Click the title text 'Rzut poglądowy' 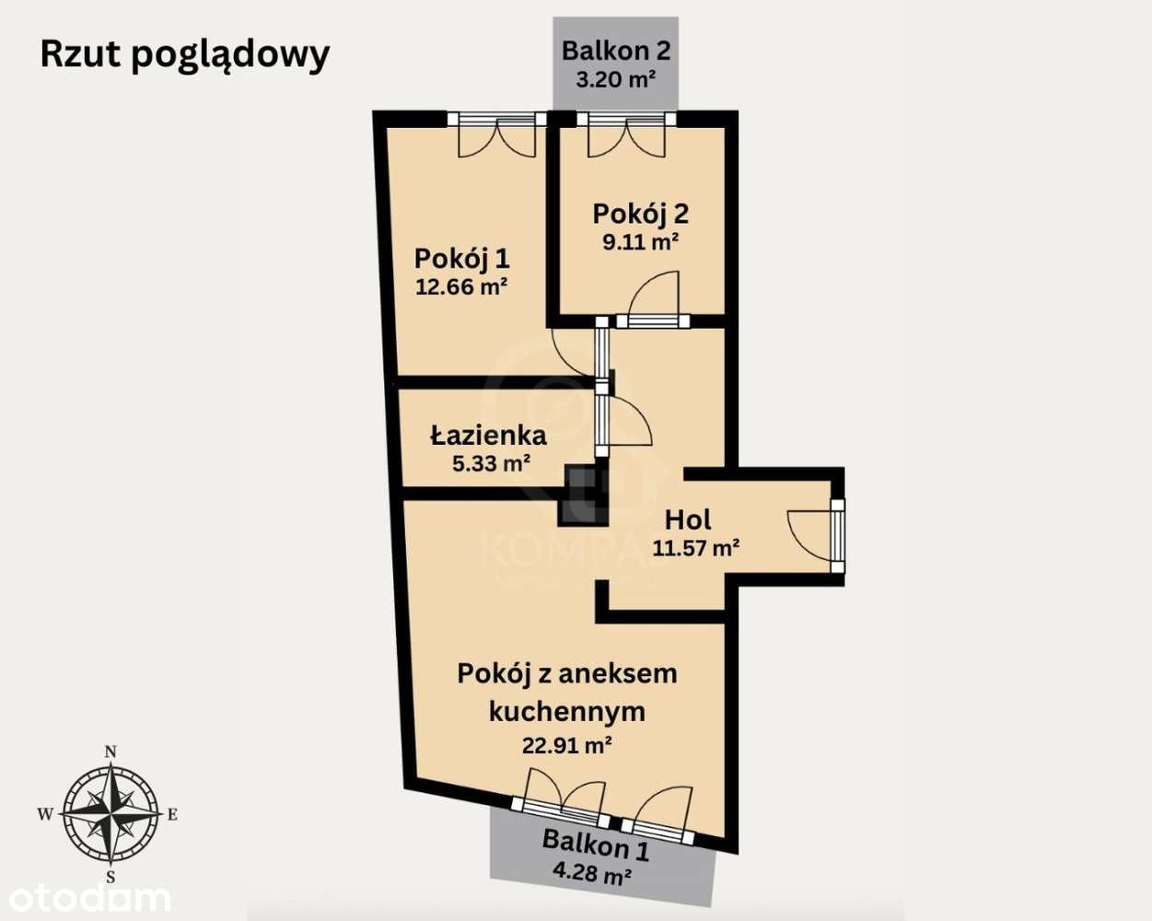[185, 55]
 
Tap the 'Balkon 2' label [616, 50]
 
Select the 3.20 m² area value [615, 79]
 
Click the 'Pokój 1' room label [461, 258]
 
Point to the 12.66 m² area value [461, 286]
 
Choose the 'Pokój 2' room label [640, 214]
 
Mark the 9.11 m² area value [640, 242]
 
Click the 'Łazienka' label [489, 435]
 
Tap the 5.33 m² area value [491, 463]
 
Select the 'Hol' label [688, 519]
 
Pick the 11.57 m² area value [696, 549]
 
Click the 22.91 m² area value [567, 745]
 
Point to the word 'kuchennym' [566, 711]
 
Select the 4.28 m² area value [591, 871]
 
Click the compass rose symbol [110, 812]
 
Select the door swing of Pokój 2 [657, 295]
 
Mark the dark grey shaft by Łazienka [580, 494]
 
